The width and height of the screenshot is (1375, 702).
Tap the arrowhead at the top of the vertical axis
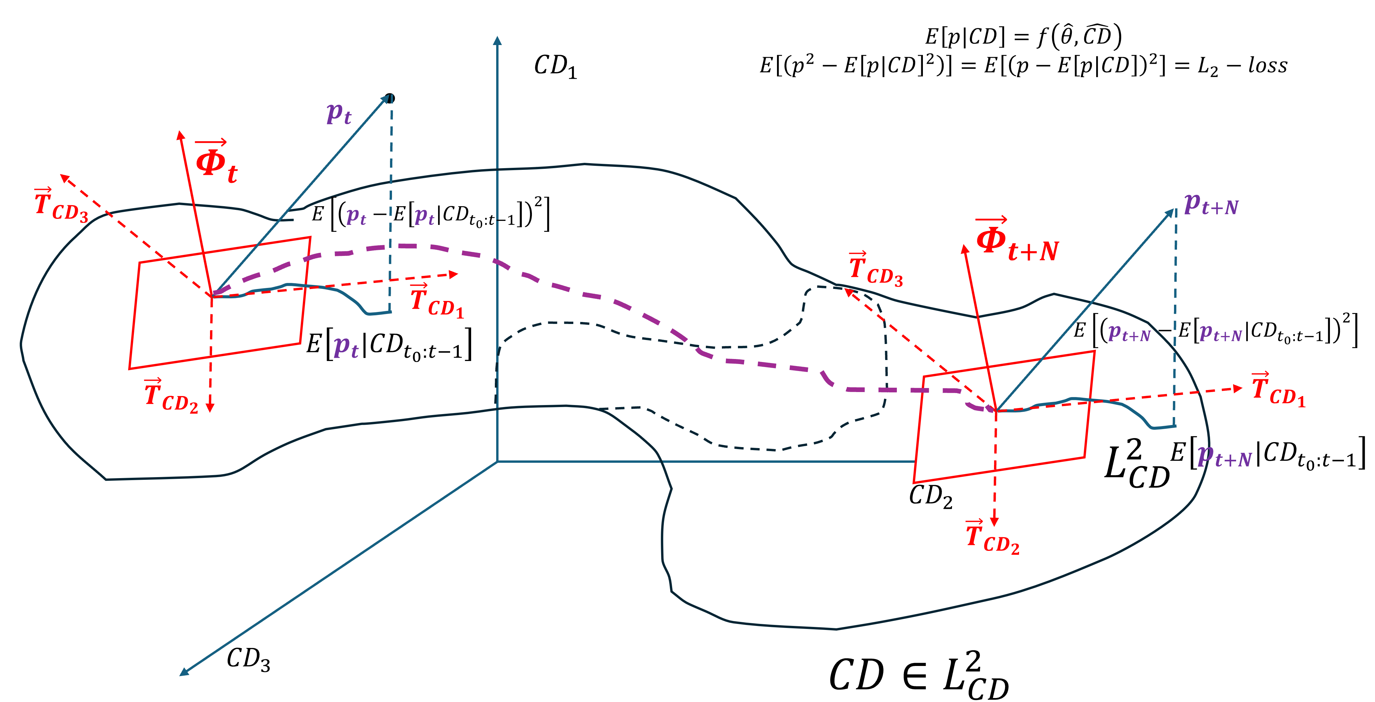(497, 40)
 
